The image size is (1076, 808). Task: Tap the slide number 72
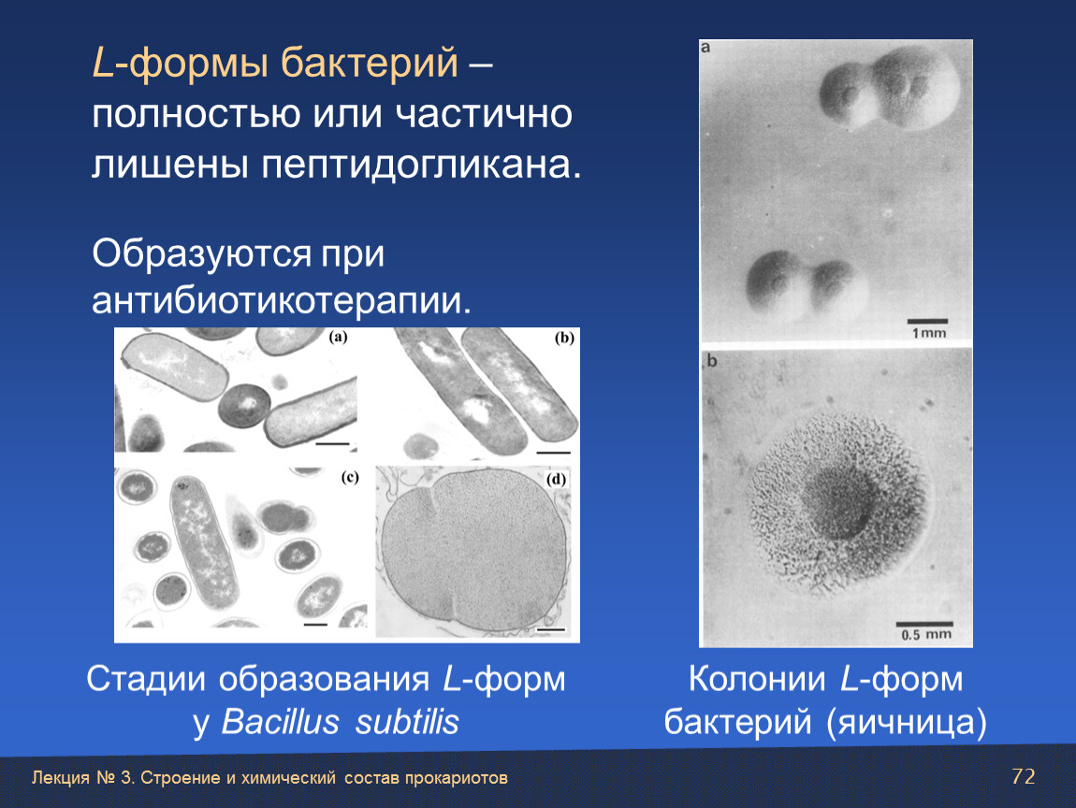(1024, 776)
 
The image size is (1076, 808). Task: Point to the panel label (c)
(350, 477)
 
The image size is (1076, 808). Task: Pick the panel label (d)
(556, 479)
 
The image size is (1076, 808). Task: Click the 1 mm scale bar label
(928, 333)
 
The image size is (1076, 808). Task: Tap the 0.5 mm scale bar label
(926, 634)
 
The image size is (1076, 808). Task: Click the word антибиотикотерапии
(282, 300)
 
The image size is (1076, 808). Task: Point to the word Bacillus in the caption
(280, 722)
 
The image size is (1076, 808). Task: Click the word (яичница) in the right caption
(907, 722)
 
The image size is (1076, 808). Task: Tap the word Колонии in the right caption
(757, 679)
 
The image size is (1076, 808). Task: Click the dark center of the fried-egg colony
(836, 505)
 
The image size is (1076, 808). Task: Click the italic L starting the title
(102, 63)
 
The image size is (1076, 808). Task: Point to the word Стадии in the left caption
(145, 679)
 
